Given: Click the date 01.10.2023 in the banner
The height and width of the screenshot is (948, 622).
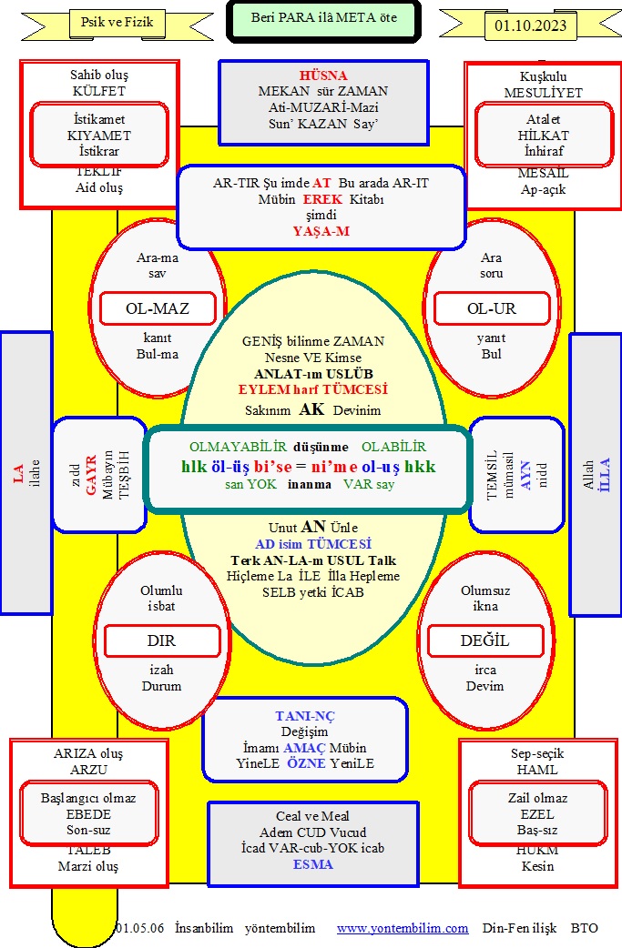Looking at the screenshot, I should tap(530, 25).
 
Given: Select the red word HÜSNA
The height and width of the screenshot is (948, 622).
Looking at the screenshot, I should tap(323, 76).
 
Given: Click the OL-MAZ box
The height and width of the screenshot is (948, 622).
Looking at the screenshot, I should tap(158, 308).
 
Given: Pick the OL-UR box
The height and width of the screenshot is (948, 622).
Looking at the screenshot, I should tap(492, 308).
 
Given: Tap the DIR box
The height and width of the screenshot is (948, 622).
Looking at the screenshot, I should tap(161, 640).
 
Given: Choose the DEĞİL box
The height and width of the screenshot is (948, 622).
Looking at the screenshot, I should tap(484, 640).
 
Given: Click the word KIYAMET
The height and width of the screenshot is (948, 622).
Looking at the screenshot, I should tap(99, 136).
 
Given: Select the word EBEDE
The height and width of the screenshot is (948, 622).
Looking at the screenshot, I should tap(88, 814).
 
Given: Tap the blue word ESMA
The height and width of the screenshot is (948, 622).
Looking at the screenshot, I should tap(312, 864).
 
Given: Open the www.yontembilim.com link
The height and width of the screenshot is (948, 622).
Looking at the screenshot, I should tap(403, 928).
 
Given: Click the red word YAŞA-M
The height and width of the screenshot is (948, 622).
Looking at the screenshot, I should tap(321, 231).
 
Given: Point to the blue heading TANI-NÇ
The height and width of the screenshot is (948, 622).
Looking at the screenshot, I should tap(305, 716).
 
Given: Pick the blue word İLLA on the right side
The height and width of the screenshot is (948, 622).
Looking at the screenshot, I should tap(605, 474).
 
